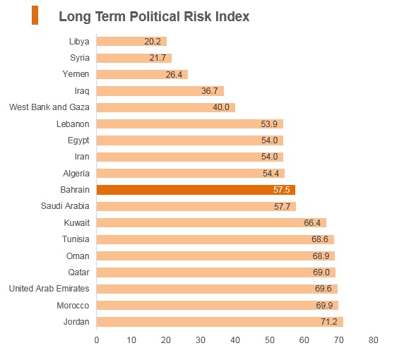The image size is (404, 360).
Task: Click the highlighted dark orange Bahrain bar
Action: coord(196,190)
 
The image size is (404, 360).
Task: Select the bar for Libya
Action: coord(131,41)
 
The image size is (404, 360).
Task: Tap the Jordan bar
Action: coord(220,322)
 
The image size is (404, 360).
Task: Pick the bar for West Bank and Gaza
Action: coord(166,107)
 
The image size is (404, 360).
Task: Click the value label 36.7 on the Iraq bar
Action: coord(210,91)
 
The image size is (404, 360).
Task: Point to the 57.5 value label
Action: coord(281,190)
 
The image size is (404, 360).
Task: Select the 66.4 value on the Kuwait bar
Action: coord(312,223)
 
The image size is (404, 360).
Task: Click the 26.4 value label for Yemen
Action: coord(174,75)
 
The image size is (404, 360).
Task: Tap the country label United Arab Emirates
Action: coord(49,289)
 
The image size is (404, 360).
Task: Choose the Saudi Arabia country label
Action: coord(65,206)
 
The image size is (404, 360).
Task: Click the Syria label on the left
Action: coord(80,58)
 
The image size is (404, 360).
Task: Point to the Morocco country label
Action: coord(73,306)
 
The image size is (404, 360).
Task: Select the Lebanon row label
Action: coord(73,124)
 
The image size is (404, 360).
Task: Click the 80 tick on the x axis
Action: coord(373,340)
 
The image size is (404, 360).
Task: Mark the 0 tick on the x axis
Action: coord(97,340)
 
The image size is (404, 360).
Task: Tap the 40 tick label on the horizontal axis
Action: coord(235,340)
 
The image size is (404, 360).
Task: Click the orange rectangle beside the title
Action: coord(35,16)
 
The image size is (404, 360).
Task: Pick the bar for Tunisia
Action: coord(215,239)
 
